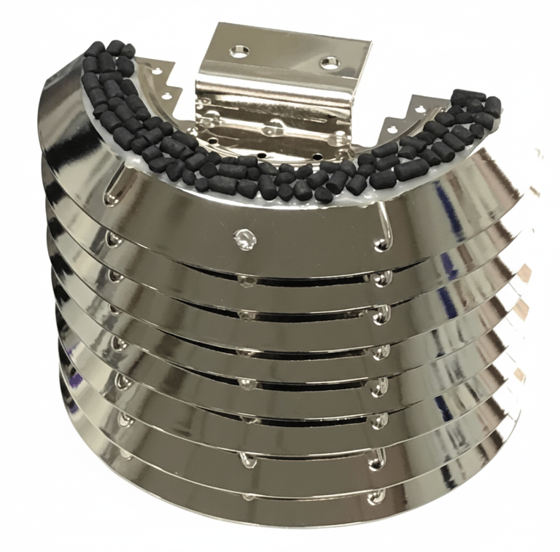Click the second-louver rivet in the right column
click(381, 278)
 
